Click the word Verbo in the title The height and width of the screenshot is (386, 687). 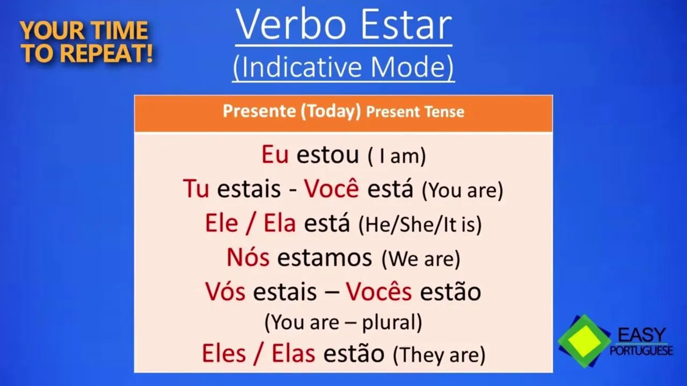[x=291, y=25]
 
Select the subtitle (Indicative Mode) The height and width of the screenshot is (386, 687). [x=343, y=67]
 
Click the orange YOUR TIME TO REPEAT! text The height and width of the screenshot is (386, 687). [x=86, y=42]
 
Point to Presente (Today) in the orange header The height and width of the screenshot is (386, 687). [x=291, y=112]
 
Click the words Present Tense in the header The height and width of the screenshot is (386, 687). [x=415, y=112]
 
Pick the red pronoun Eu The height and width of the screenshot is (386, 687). [x=275, y=154]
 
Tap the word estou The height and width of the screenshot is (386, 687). [x=327, y=155]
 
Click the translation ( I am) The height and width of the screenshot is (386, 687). [x=397, y=156]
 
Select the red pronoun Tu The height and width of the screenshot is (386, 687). [x=196, y=189]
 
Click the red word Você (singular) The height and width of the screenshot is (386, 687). [x=331, y=188]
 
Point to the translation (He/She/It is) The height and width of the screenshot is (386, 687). [x=420, y=224]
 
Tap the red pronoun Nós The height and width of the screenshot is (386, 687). [x=248, y=257]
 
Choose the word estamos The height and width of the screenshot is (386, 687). [x=325, y=258]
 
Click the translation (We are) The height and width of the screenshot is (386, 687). [x=421, y=259]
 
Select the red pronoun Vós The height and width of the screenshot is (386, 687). [x=225, y=291]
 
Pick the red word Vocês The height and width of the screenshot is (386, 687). [x=379, y=291]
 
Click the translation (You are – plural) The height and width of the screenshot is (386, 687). [x=343, y=323]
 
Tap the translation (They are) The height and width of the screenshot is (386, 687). [x=439, y=355]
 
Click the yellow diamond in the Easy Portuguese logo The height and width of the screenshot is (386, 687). [x=584, y=342]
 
